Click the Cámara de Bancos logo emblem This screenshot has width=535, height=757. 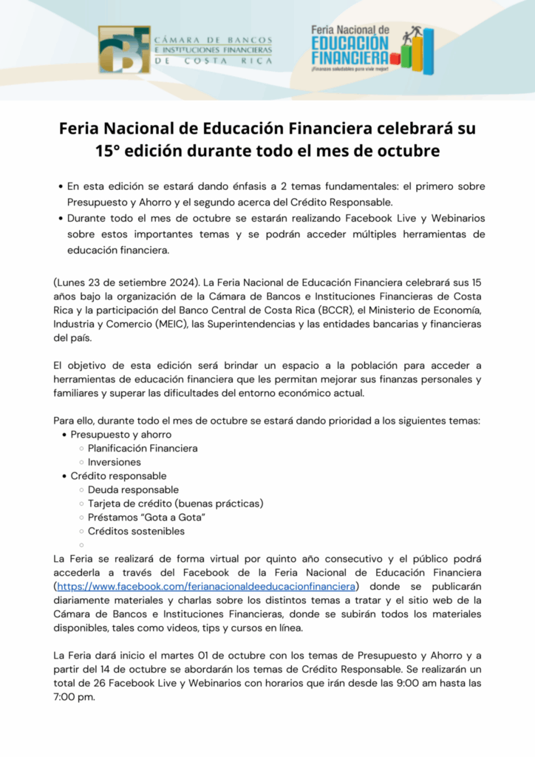pos(124,50)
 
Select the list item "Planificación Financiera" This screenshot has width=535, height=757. pos(143,448)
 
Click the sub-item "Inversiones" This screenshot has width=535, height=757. pos(115,462)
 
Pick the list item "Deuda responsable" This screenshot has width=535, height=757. pos(133,489)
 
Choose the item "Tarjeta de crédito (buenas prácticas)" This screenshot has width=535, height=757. pos(175,503)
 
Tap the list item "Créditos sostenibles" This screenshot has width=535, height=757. pos(136,531)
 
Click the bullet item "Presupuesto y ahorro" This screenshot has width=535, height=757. pos(120,435)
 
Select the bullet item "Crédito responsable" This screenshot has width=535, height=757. pos(118,476)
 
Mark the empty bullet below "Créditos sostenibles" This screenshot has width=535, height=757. pos(81,545)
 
